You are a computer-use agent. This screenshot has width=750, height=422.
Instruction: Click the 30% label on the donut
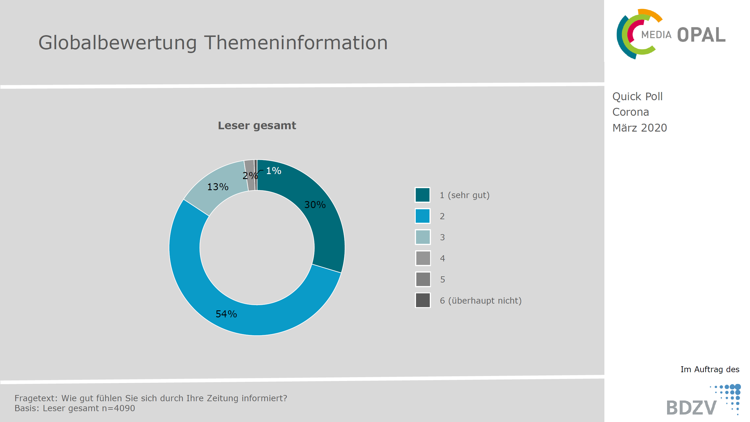[315, 205]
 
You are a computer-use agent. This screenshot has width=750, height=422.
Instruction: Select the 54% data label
[226, 314]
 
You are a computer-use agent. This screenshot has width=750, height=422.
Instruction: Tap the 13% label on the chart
[218, 187]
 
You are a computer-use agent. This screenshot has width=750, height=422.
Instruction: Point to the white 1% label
[274, 171]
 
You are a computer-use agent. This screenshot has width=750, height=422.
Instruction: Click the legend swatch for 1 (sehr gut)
[423, 195]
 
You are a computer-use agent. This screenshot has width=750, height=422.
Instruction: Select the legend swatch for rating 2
[423, 216]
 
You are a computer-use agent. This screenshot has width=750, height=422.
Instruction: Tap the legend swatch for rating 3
[423, 237]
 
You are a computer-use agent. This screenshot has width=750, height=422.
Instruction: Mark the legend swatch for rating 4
[423, 258]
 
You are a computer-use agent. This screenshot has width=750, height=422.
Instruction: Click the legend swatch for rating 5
[423, 279]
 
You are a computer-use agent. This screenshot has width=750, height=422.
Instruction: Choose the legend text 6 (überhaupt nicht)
[481, 301]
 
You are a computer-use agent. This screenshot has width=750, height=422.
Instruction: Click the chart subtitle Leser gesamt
[257, 125]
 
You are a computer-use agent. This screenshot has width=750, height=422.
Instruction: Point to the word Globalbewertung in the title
[117, 43]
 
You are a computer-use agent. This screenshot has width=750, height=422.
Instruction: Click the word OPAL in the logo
[701, 35]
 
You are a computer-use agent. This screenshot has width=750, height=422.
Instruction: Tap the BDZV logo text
[691, 408]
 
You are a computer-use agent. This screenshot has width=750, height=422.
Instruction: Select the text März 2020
[640, 128]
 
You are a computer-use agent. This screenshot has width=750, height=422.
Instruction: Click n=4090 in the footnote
[118, 408]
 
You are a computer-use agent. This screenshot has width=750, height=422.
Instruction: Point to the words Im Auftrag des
[710, 369]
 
